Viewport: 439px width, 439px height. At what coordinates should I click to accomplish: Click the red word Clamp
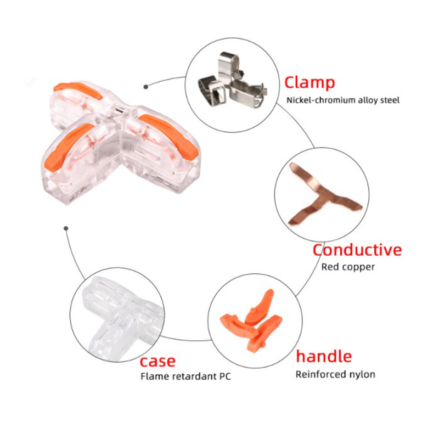tap(309, 83)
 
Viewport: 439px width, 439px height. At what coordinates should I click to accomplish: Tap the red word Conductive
tap(357, 250)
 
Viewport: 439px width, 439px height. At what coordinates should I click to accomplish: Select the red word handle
tap(324, 356)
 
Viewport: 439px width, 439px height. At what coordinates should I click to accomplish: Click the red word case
tap(157, 362)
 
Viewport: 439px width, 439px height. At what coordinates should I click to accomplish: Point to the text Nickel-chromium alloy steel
tap(343, 100)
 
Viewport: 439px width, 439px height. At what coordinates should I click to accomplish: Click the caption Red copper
tap(348, 267)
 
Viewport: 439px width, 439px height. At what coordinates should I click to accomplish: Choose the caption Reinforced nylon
tap(335, 375)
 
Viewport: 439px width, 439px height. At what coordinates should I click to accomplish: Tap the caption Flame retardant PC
tap(185, 376)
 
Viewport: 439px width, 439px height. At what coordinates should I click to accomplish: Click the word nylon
tap(362, 375)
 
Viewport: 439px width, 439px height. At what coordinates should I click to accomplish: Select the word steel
tap(390, 100)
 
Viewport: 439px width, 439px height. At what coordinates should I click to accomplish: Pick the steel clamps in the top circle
tap(233, 81)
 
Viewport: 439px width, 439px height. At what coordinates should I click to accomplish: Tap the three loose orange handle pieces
tap(251, 319)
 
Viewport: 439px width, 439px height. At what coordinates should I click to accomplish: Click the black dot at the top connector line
tap(145, 87)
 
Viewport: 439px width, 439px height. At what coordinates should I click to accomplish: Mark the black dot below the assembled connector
tap(66, 228)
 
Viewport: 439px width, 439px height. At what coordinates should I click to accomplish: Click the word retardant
tap(194, 376)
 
